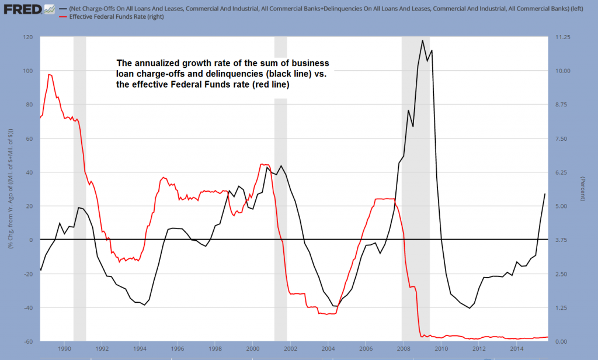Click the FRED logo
(21, 9)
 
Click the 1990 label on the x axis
(64, 349)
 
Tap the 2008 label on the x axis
(403, 349)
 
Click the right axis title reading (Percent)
(583, 189)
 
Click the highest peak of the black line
(422, 40)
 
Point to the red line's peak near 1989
(50, 74)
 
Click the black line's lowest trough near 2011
(470, 308)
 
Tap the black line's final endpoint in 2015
(545, 193)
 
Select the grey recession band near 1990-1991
(79, 187)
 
